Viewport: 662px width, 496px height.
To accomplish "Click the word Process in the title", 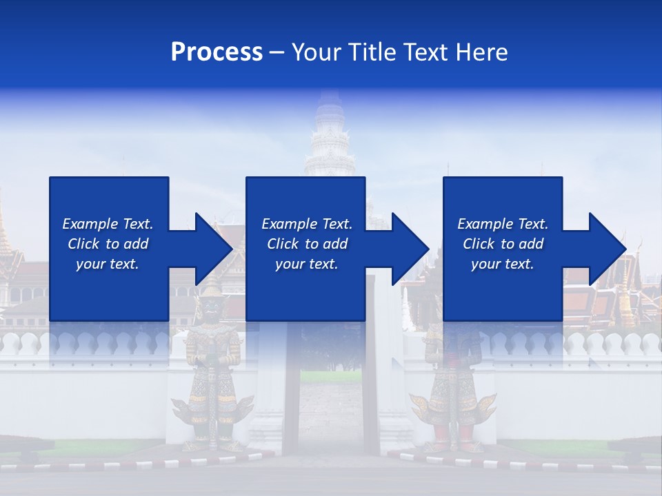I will (x=217, y=52).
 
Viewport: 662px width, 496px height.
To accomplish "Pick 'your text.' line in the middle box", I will (x=306, y=264).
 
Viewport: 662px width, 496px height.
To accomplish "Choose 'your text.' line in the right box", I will (x=502, y=264).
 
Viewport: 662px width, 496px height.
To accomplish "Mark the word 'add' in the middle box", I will (x=334, y=244).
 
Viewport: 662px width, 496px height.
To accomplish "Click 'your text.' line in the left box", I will (x=107, y=264).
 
